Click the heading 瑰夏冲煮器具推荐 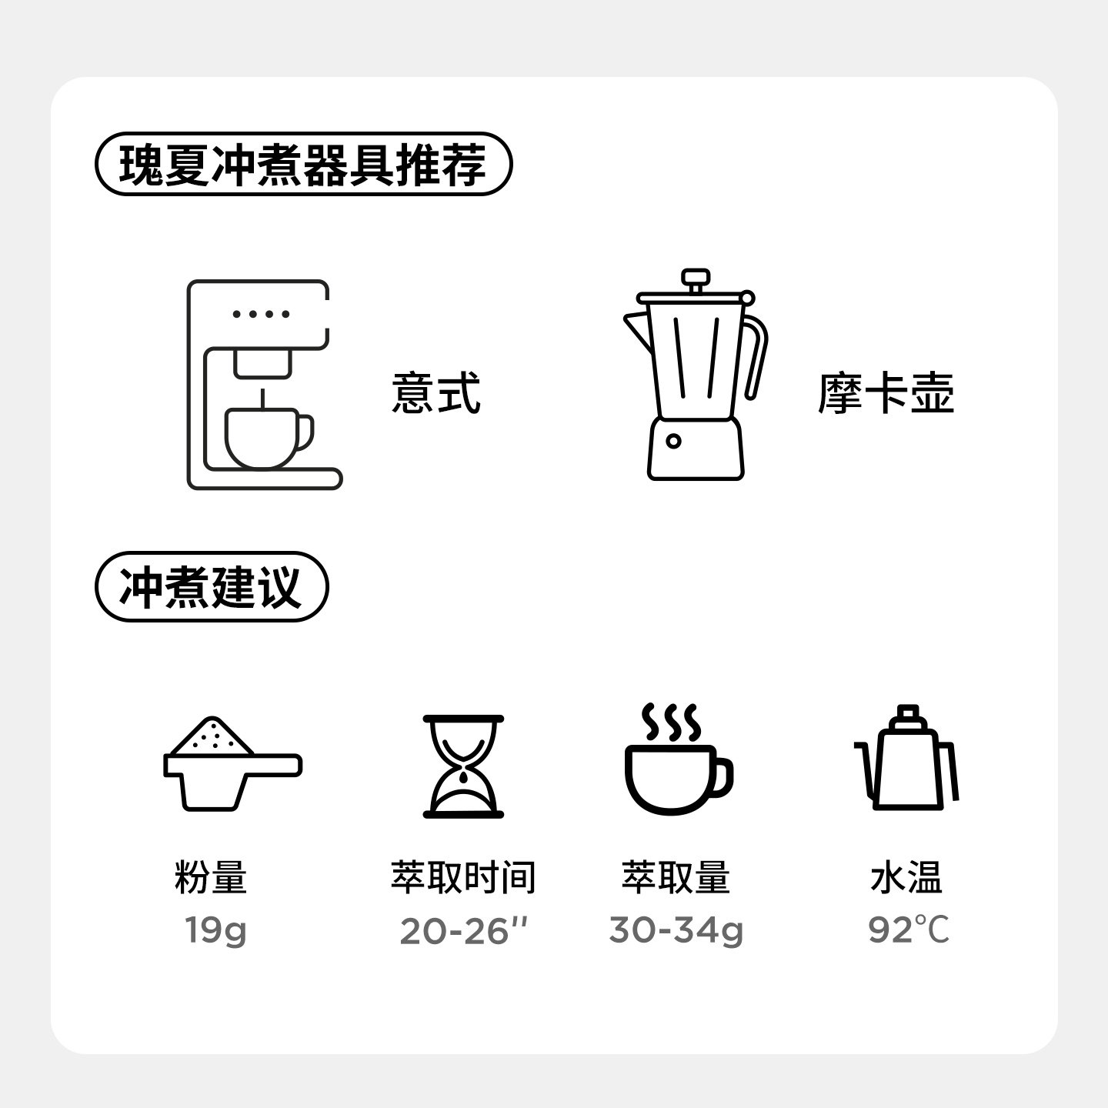pos(303,164)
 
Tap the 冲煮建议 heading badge pos(211,586)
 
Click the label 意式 pos(436,393)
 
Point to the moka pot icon pos(696,377)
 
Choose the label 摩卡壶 pos(886,393)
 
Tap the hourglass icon pos(463,766)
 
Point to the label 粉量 pos(210,877)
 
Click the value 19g pos(215,930)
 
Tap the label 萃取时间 pos(463,877)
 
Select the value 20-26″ pos(463,931)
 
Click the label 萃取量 pos(676,877)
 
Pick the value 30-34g pos(676,930)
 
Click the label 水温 pos(906,877)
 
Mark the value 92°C pos(909,930)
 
